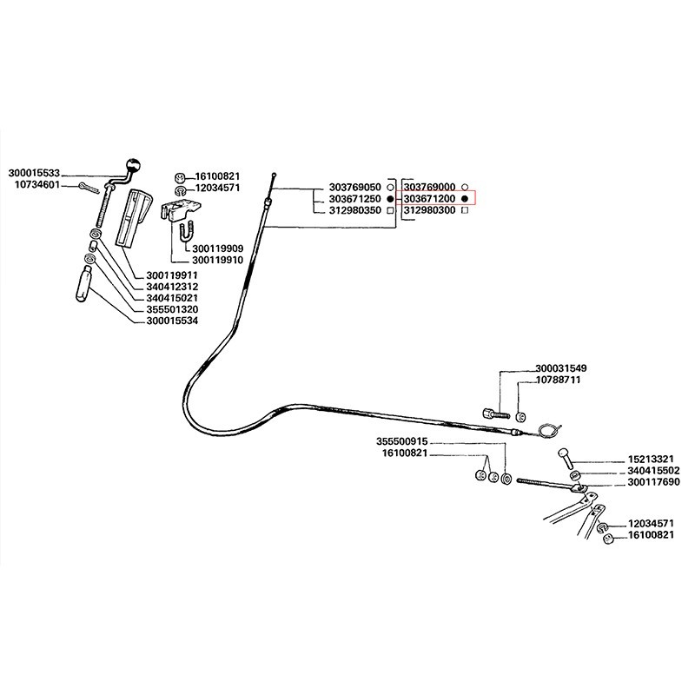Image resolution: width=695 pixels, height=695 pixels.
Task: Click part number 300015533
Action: click(x=40, y=173)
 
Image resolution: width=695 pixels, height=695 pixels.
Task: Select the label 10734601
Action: click(x=36, y=184)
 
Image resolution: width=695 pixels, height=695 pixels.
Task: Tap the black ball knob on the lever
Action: click(x=133, y=165)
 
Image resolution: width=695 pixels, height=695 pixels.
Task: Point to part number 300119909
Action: click(x=218, y=248)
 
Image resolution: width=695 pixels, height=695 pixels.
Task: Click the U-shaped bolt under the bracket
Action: click(x=186, y=233)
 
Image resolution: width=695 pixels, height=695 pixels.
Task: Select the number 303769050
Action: click(x=356, y=188)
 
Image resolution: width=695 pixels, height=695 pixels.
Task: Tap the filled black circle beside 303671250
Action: click(x=391, y=199)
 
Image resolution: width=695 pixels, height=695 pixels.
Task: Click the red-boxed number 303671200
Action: click(x=430, y=199)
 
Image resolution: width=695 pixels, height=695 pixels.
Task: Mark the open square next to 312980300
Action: click(x=466, y=210)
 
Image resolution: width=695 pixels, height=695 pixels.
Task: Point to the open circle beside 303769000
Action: click(x=466, y=188)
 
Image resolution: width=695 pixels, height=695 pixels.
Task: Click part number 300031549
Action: click(x=561, y=368)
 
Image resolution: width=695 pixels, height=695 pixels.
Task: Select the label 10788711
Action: click(x=558, y=381)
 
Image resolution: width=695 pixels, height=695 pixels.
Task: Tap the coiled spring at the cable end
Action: click(x=546, y=429)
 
